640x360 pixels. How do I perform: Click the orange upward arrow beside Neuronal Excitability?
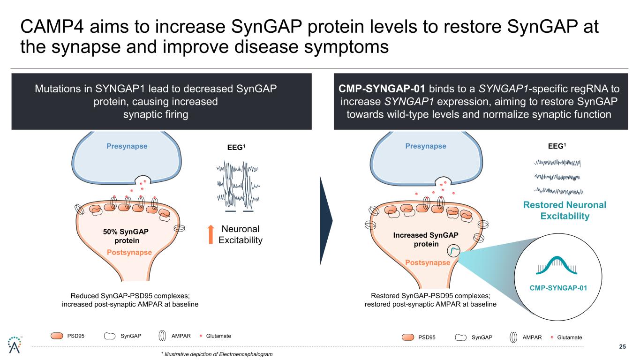(x=211, y=234)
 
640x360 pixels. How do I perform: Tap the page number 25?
(x=623, y=347)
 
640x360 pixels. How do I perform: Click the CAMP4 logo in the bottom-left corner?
(x=13, y=345)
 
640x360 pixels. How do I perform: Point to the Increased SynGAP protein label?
(x=426, y=240)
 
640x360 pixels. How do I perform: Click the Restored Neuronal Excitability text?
(x=558, y=210)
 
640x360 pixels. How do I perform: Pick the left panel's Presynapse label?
(x=127, y=146)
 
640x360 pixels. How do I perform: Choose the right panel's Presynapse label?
(x=426, y=146)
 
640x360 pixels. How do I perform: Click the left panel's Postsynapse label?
(x=129, y=252)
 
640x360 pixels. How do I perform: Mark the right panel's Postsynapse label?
(x=428, y=262)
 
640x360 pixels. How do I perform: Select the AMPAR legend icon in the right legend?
(x=514, y=337)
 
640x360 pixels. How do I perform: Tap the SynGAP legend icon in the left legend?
(x=110, y=336)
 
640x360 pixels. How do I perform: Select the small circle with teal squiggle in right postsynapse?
(x=453, y=252)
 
